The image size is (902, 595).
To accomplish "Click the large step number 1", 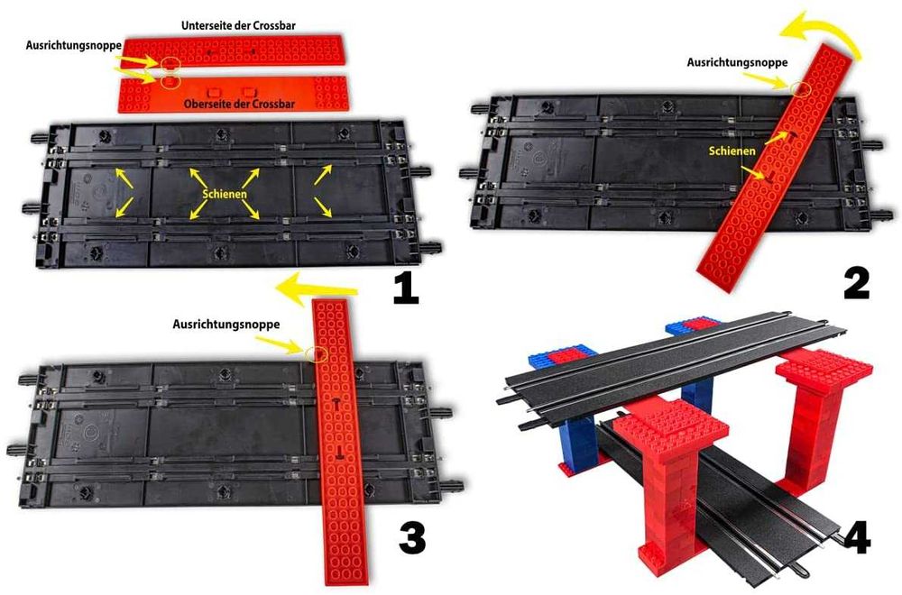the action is point(406,288).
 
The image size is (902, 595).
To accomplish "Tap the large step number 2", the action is point(857,283).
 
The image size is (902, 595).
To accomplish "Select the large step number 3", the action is point(412,538).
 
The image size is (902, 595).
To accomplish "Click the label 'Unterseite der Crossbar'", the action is point(239,26).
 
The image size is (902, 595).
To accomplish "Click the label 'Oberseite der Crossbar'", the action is point(239,104).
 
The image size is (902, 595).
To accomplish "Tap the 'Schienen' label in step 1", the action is point(225,194).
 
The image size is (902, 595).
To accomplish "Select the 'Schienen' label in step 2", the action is point(732,151).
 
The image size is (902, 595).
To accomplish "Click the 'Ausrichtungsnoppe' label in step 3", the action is point(226,325).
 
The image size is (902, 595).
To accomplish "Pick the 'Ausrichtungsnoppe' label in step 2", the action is point(738,62).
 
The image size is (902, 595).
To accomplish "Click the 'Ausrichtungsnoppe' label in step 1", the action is point(74,45).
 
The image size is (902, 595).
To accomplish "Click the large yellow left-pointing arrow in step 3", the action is point(317,286).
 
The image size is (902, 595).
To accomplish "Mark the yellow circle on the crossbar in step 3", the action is point(318,353).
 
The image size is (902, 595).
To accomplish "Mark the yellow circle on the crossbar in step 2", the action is point(800,88).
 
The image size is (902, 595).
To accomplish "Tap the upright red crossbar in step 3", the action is point(340,443).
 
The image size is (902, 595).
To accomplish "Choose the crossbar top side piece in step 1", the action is point(233,93).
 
